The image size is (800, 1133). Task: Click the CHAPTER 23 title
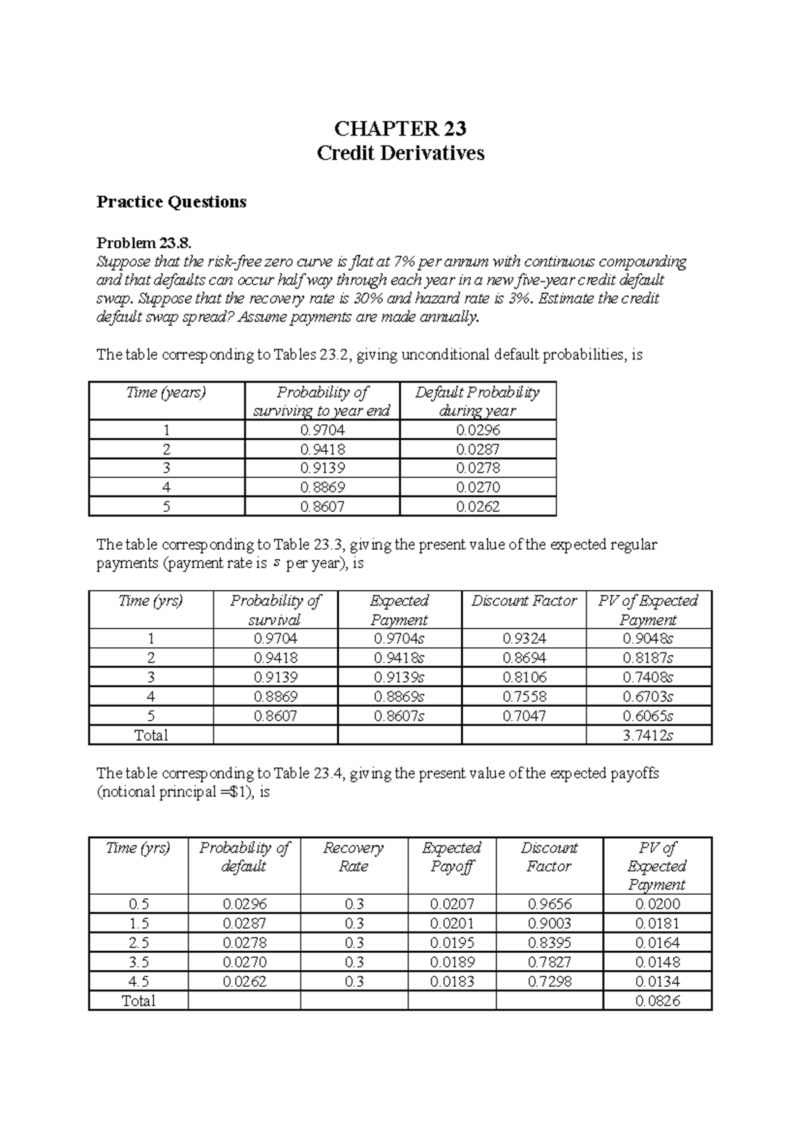(400, 128)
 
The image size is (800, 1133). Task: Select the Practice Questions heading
(171, 202)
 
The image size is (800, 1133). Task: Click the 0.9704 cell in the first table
(323, 430)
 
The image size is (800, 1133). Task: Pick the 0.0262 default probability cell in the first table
(478, 506)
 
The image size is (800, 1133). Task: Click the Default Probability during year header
(477, 401)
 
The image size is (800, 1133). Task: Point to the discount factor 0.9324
(524, 639)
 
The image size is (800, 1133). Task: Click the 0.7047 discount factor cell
(524, 716)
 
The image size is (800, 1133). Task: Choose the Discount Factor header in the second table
(524, 601)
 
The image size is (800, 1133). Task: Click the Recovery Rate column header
(353, 857)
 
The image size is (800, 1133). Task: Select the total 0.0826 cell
(657, 1001)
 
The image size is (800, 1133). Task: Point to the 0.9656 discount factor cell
(549, 904)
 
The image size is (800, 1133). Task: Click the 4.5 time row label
(139, 982)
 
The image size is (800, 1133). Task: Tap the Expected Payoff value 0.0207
(452, 904)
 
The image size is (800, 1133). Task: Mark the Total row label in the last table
(139, 1001)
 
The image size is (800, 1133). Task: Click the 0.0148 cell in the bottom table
(657, 962)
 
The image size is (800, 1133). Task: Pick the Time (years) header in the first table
(166, 392)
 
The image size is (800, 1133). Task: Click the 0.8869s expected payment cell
(399, 697)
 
